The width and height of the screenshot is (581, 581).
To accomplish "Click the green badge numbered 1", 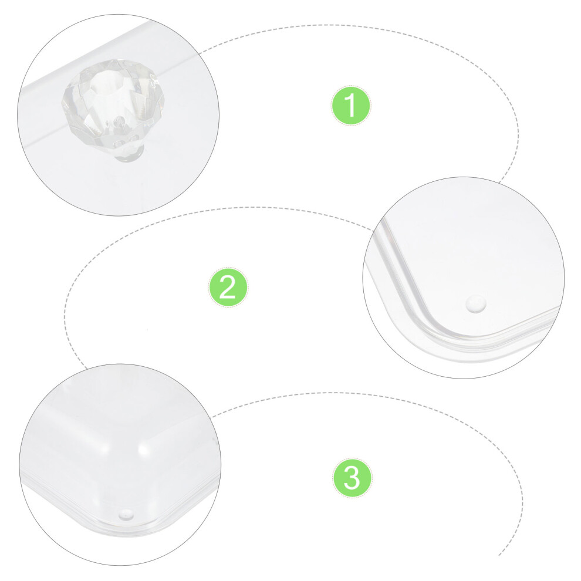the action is (x=350, y=106).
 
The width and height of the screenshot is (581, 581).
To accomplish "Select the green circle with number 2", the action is (x=228, y=287).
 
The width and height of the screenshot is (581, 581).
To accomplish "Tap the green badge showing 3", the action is (x=352, y=478).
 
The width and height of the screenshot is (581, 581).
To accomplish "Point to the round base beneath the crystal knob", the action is (x=128, y=156).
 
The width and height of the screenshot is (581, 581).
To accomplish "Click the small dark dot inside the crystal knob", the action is (x=119, y=120).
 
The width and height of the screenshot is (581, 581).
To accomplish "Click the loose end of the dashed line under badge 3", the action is (x=499, y=555).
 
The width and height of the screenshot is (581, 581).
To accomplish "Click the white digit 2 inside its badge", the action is (x=228, y=287).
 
